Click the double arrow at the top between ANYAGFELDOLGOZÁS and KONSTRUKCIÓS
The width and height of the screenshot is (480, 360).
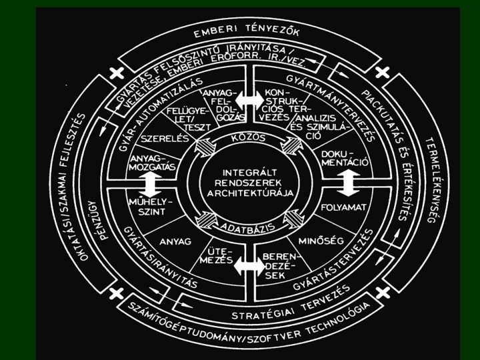(249, 97)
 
